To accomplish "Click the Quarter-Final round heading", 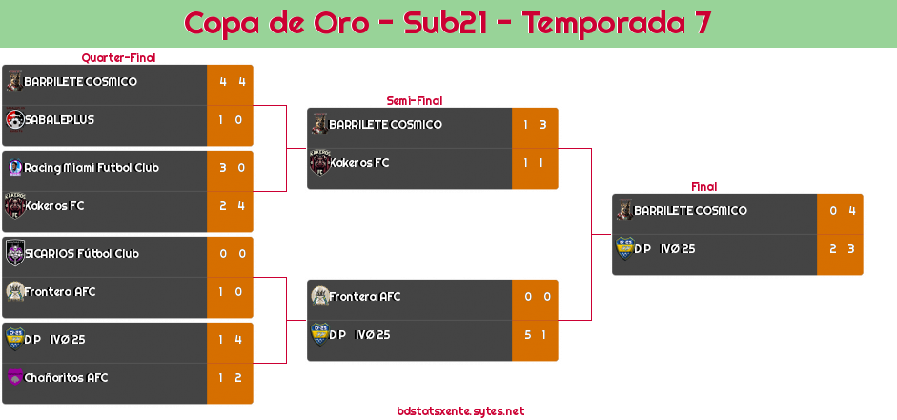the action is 118,58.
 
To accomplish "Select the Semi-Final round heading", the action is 415,101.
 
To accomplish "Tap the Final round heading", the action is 704,187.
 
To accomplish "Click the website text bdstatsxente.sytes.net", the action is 460,410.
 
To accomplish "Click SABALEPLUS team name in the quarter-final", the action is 59,119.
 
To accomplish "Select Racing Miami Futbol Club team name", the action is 92,168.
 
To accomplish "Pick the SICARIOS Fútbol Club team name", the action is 82,253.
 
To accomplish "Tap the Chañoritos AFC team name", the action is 66,378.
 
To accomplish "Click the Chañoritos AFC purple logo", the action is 15,377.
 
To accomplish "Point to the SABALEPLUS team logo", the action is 15,119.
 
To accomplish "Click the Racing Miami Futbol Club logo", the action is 15,167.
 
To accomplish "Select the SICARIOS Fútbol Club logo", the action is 15,253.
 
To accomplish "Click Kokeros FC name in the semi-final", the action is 359,162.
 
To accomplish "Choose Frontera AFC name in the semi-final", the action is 364,297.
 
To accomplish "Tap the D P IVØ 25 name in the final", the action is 664,249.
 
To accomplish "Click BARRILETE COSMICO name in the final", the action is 690,210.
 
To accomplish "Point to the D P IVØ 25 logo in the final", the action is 625,248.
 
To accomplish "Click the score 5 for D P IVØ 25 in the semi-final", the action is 528,335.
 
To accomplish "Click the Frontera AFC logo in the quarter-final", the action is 15,291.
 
